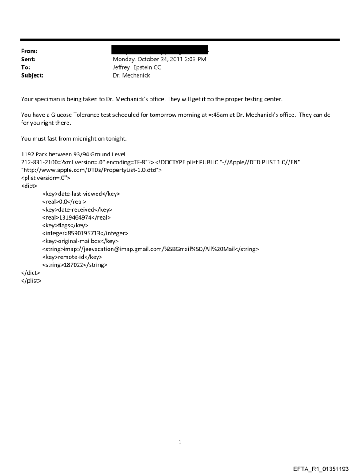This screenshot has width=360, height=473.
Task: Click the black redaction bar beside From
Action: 160,50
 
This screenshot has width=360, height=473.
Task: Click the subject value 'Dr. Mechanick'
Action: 131,75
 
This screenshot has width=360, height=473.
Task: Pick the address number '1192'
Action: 29,155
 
